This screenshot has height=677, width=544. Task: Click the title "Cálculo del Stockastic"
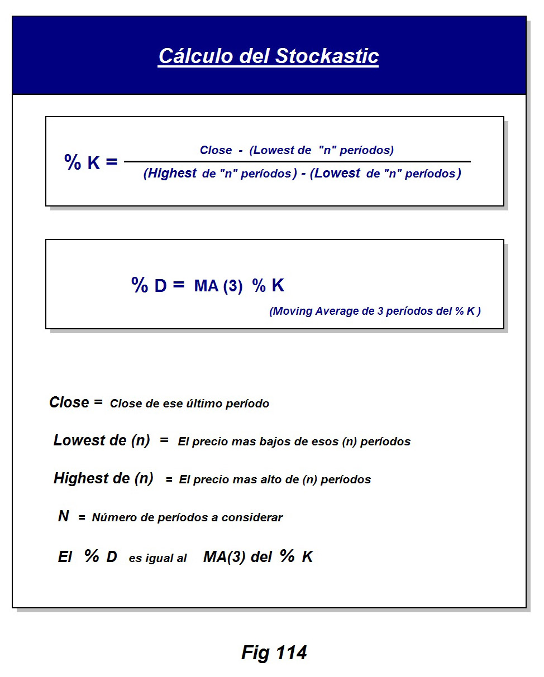click(x=268, y=56)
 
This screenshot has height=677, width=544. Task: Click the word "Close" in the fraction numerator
click(x=216, y=150)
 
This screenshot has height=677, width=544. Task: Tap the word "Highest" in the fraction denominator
click(x=170, y=174)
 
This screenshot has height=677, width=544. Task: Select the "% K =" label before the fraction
click(x=91, y=162)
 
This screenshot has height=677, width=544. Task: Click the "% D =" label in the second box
click(x=158, y=285)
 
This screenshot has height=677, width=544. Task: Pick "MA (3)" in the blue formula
click(x=218, y=287)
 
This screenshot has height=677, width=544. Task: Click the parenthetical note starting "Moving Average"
click(x=375, y=311)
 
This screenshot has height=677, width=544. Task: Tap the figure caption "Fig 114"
click(x=274, y=652)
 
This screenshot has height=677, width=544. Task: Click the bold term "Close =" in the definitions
click(x=76, y=402)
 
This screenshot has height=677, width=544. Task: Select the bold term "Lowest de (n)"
click(x=102, y=440)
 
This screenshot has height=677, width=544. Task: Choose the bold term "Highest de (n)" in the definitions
click(x=103, y=478)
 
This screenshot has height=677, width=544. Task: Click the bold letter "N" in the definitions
click(x=64, y=516)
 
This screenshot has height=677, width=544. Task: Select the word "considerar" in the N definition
click(x=252, y=517)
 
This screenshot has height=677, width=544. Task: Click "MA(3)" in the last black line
click(x=224, y=557)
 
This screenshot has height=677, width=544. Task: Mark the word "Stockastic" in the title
click(x=327, y=56)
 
